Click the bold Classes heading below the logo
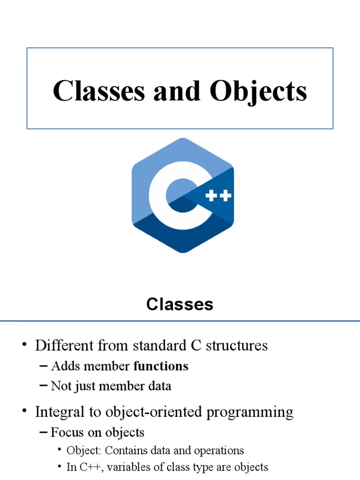pyautogui.click(x=180, y=305)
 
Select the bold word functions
pyautogui.click(x=161, y=366)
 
